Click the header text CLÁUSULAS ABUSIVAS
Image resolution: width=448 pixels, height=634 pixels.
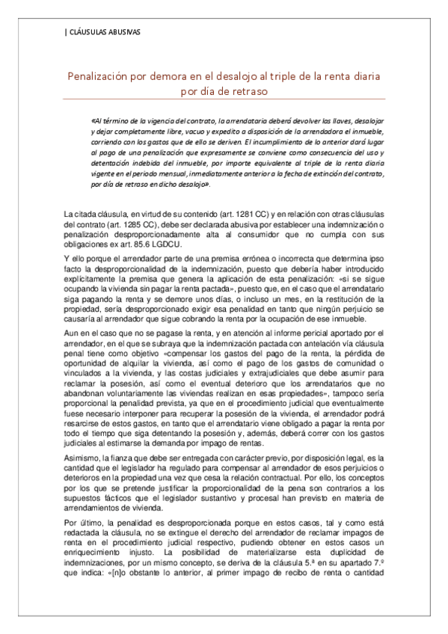103,32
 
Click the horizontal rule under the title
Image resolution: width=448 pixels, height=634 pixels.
224,99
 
